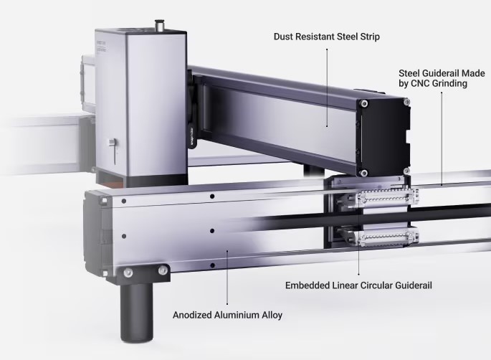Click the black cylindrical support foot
[x=135, y=311]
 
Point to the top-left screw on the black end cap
[x=366, y=105]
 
